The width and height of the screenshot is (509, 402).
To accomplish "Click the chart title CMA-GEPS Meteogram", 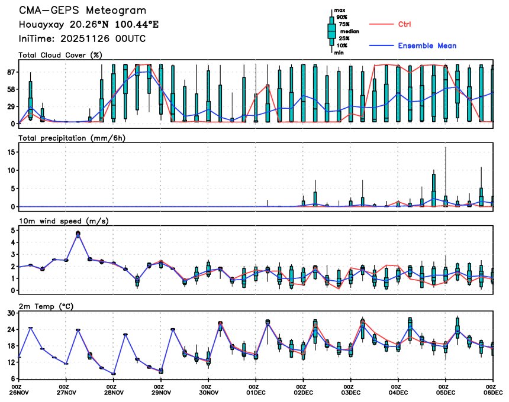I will [82, 11].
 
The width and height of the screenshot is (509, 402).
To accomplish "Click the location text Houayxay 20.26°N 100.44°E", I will [89, 24].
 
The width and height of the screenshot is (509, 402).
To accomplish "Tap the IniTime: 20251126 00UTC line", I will [82, 38].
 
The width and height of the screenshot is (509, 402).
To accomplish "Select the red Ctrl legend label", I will [405, 24].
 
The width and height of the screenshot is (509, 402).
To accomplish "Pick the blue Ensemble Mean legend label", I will [427, 46].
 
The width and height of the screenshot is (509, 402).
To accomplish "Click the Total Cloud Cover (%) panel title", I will [60, 55].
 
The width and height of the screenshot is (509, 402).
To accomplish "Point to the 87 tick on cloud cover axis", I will [11, 72].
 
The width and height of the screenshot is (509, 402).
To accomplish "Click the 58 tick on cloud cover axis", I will [11, 89].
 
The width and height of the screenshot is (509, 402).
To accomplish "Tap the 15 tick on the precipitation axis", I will [11, 152].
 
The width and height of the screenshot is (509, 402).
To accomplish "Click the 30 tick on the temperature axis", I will [11, 313].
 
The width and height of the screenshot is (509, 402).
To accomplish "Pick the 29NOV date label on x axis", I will [161, 392].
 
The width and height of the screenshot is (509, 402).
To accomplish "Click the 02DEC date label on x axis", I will [303, 392].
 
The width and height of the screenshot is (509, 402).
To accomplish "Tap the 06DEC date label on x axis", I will [492, 392].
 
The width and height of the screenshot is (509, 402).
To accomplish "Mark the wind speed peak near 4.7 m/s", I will [78, 234].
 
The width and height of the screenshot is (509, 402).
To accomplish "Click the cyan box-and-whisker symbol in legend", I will [331, 31].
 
